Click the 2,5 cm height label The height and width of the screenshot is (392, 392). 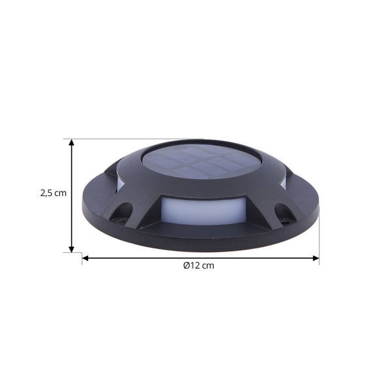53,193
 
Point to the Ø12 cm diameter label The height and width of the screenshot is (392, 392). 199,266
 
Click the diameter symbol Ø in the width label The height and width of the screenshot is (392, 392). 186,266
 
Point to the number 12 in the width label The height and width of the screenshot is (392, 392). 195,266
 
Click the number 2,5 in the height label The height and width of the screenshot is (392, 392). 46,193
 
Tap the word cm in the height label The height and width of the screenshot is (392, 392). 61,193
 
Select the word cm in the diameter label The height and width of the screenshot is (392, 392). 208,266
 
